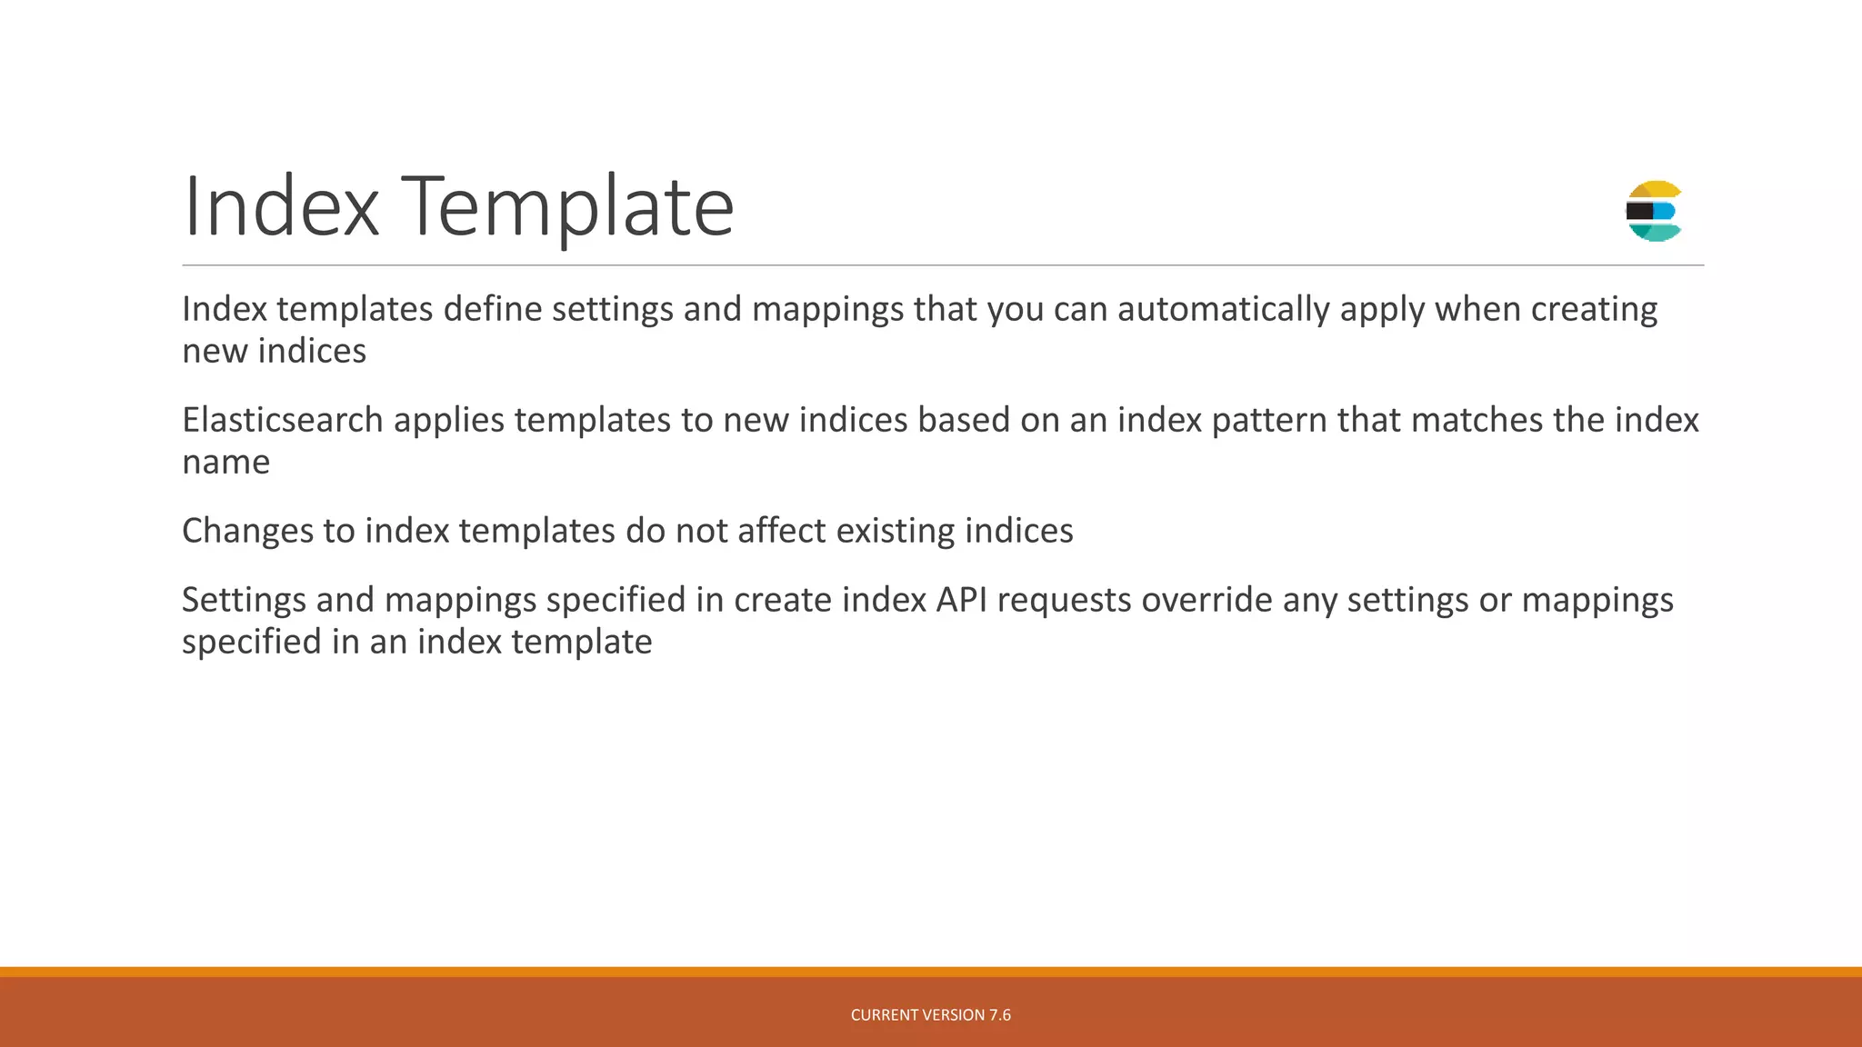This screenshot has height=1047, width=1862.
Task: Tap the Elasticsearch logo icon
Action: point(1654,211)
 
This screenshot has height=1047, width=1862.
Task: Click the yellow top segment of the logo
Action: point(1656,189)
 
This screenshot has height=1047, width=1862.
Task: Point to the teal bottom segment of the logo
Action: point(1657,233)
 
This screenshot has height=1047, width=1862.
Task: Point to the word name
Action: point(226,463)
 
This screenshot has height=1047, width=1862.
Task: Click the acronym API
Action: point(962,600)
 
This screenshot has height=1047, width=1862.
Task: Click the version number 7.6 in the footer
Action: point(1000,1015)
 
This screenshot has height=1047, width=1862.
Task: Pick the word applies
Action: point(448,422)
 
